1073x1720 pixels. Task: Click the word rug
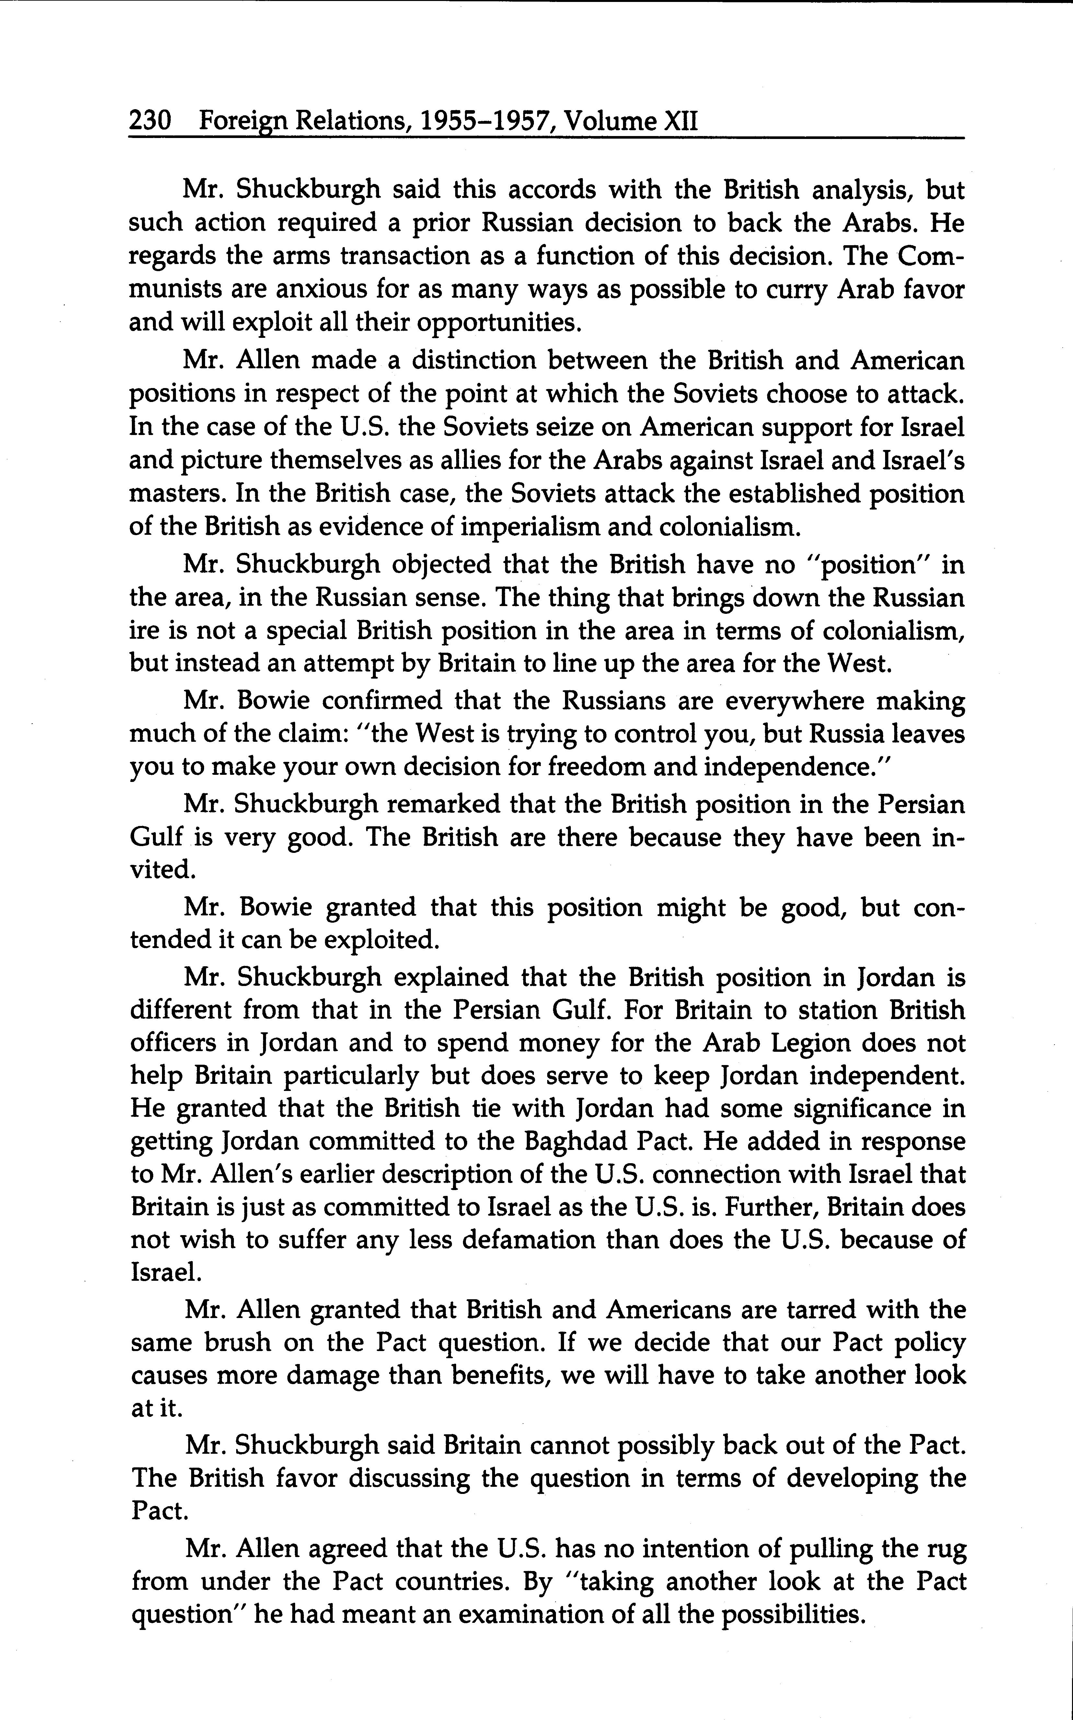[948, 1548]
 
